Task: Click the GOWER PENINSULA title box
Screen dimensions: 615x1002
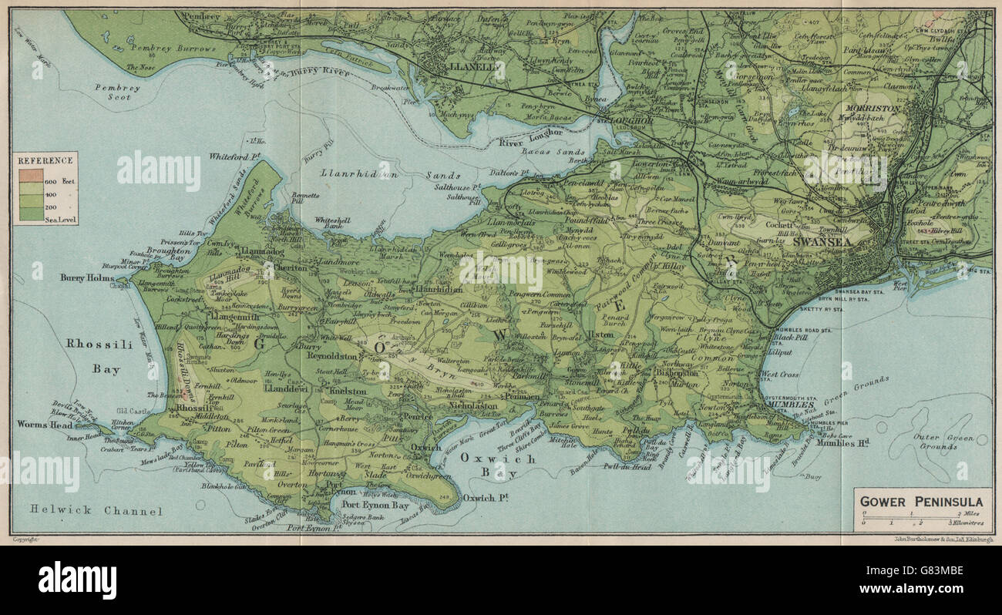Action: pos(920,501)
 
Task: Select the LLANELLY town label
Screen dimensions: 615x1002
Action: pos(472,67)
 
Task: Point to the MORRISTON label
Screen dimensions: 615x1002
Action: pos(873,109)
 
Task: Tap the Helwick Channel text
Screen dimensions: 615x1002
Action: pos(96,510)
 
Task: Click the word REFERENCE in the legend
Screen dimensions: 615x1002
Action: pos(46,160)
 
